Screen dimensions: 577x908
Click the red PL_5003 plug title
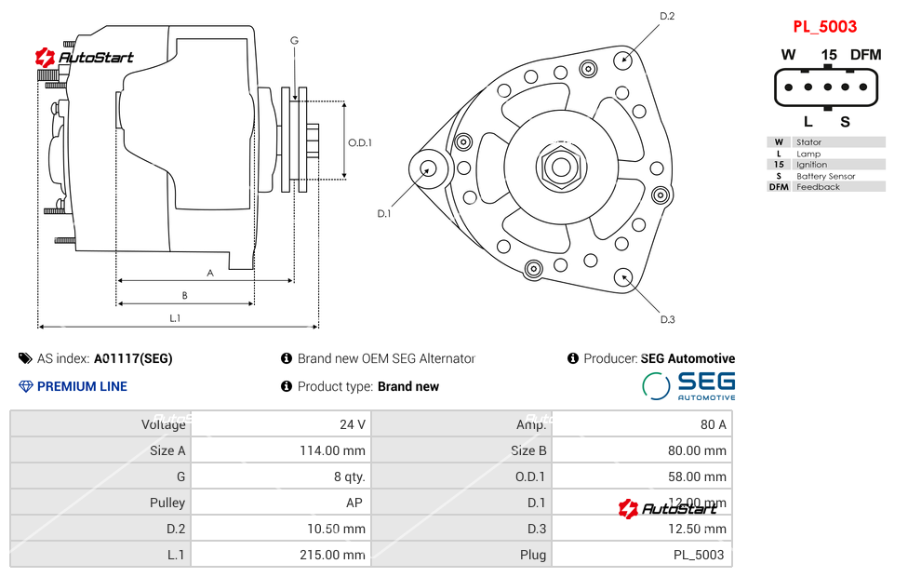click(x=824, y=27)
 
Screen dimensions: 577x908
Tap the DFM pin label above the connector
click(x=865, y=55)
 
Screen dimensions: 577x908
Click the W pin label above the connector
click(x=788, y=55)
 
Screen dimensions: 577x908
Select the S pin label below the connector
click(x=845, y=121)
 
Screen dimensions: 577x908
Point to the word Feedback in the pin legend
click(x=818, y=187)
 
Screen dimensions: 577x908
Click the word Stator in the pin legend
click(x=808, y=142)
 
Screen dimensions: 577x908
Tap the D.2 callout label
click(x=667, y=16)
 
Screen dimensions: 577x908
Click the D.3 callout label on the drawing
click(x=667, y=319)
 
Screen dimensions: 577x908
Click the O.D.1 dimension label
click(x=360, y=142)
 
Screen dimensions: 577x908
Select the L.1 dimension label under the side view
click(x=175, y=318)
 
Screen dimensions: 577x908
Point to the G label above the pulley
click(x=294, y=40)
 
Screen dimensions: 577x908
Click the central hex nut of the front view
click(x=560, y=168)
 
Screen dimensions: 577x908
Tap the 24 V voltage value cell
click(x=353, y=424)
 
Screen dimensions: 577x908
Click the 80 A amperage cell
click(x=714, y=424)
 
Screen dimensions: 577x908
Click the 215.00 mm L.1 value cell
click(x=336, y=555)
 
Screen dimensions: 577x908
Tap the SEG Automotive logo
click(x=689, y=385)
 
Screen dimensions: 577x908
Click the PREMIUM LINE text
click(x=82, y=386)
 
